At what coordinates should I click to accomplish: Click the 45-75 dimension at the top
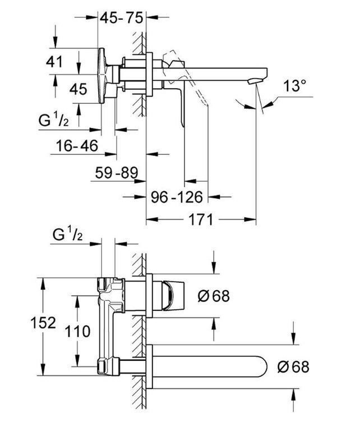point(121,18)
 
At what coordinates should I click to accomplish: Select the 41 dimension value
point(54,61)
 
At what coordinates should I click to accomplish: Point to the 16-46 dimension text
point(77,145)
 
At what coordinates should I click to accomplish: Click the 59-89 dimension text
point(117,173)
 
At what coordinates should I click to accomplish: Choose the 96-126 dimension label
point(177,197)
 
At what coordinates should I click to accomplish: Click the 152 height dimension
point(43,323)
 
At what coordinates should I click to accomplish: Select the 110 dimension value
point(77,331)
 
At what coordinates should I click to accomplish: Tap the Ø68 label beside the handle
point(214,296)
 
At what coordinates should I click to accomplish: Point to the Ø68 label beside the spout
point(293,366)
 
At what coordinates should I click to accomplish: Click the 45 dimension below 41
point(79,89)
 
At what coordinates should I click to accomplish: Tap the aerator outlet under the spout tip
point(253,81)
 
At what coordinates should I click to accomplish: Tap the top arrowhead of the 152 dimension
point(43,283)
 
